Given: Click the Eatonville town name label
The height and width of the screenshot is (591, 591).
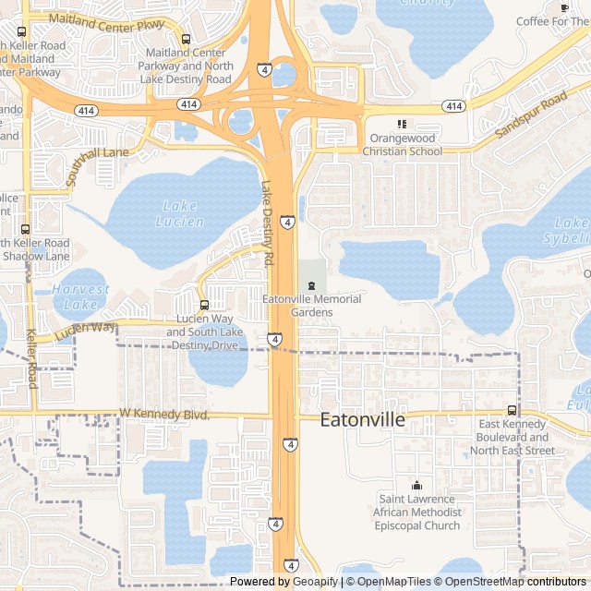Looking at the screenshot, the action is (x=362, y=420).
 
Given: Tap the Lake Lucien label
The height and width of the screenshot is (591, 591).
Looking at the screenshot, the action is (x=179, y=213).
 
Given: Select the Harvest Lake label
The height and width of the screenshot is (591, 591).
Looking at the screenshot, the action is (x=80, y=296).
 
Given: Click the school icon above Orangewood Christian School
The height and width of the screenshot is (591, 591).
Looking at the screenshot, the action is (x=401, y=124).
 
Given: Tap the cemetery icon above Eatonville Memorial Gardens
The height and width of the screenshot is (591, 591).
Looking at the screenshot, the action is (x=311, y=283).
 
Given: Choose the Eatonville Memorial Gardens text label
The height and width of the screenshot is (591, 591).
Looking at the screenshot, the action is (x=311, y=306).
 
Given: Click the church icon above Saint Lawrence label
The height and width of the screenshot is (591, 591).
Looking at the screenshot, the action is (x=416, y=486).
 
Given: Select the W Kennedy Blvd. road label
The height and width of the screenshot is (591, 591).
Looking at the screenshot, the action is (x=164, y=415).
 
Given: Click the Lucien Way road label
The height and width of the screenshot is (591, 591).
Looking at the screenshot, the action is (x=86, y=328).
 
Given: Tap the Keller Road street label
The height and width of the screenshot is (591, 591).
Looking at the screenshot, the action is (x=31, y=358).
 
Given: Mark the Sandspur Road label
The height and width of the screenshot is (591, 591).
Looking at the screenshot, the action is (x=530, y=116).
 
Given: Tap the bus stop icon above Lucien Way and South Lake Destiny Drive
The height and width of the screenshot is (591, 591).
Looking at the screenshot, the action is (x=204, y=305).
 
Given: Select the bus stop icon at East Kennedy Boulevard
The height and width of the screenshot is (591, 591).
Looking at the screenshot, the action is (x=512, y=410).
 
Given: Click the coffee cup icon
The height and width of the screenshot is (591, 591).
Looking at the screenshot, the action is (x=564, y=7).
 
